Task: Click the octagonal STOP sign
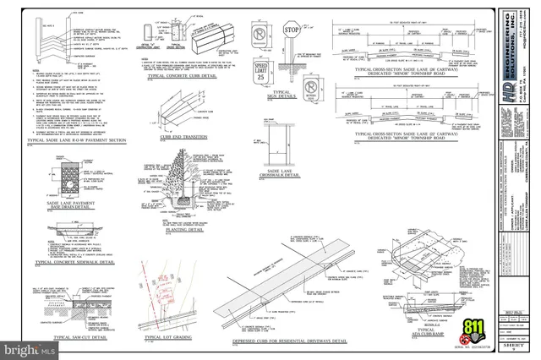tap(292, 32)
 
